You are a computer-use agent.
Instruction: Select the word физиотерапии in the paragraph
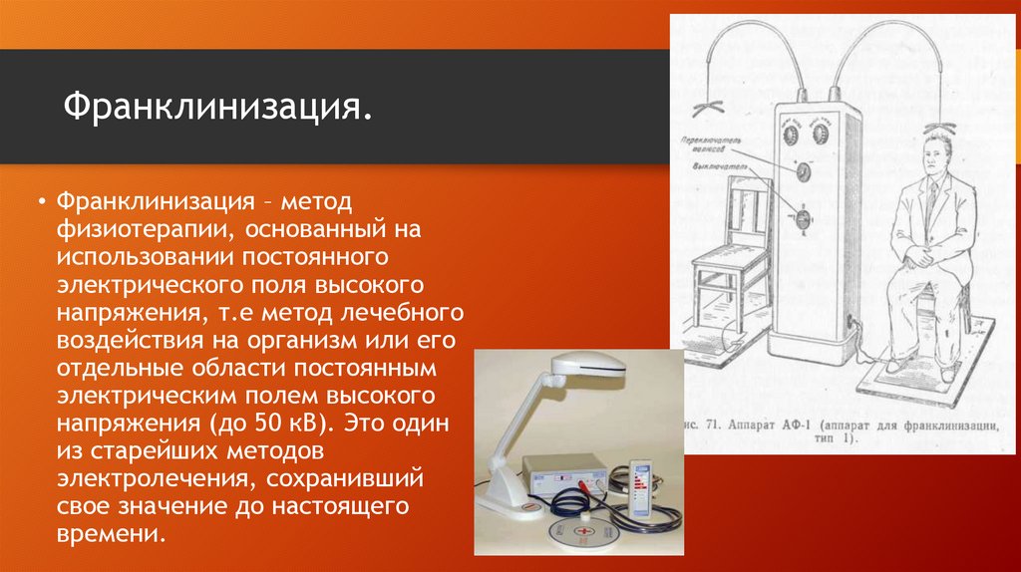136,230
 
